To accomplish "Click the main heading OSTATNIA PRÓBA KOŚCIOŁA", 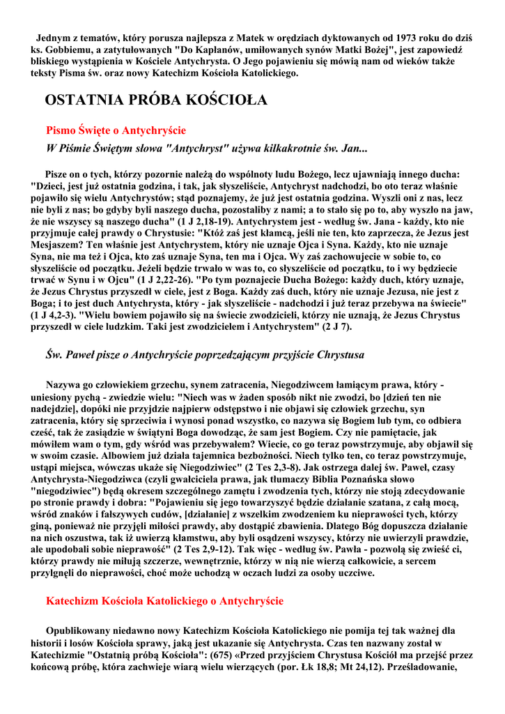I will [x=155, y=100].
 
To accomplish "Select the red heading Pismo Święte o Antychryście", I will [x=116, y=130].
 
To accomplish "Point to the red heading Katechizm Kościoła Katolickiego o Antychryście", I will [x=164, y=600].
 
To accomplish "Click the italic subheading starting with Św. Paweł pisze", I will [x=205, y=355].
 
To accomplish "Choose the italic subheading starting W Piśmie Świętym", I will [x=206, y=149].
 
